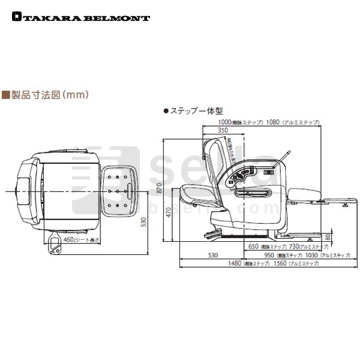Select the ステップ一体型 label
tap(185, 111)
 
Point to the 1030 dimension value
tap(307, 255)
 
